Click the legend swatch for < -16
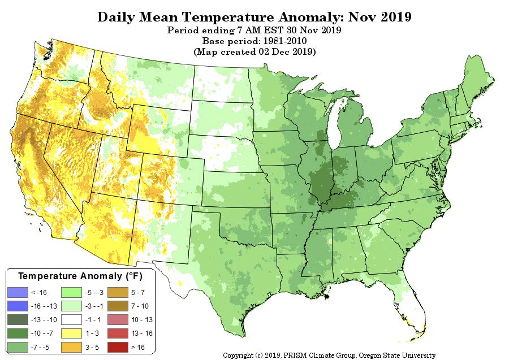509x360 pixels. (18, 293)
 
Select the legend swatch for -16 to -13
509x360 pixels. (18, 306)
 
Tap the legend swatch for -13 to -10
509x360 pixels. (18, 320)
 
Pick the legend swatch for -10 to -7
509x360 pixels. (18, 333)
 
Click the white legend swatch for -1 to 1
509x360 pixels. (71, 320)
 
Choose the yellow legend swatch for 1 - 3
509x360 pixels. (71, 333)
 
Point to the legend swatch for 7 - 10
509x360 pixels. (118, 306)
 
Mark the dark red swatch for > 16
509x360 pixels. (118, 348)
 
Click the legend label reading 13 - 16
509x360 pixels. (142, 333)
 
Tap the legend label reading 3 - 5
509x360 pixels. (92, 348)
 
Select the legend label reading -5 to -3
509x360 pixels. (94, 293)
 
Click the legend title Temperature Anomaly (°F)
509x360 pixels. (80, 276)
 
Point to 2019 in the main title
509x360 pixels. (396, 17)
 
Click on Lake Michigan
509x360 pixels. (335, 120)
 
